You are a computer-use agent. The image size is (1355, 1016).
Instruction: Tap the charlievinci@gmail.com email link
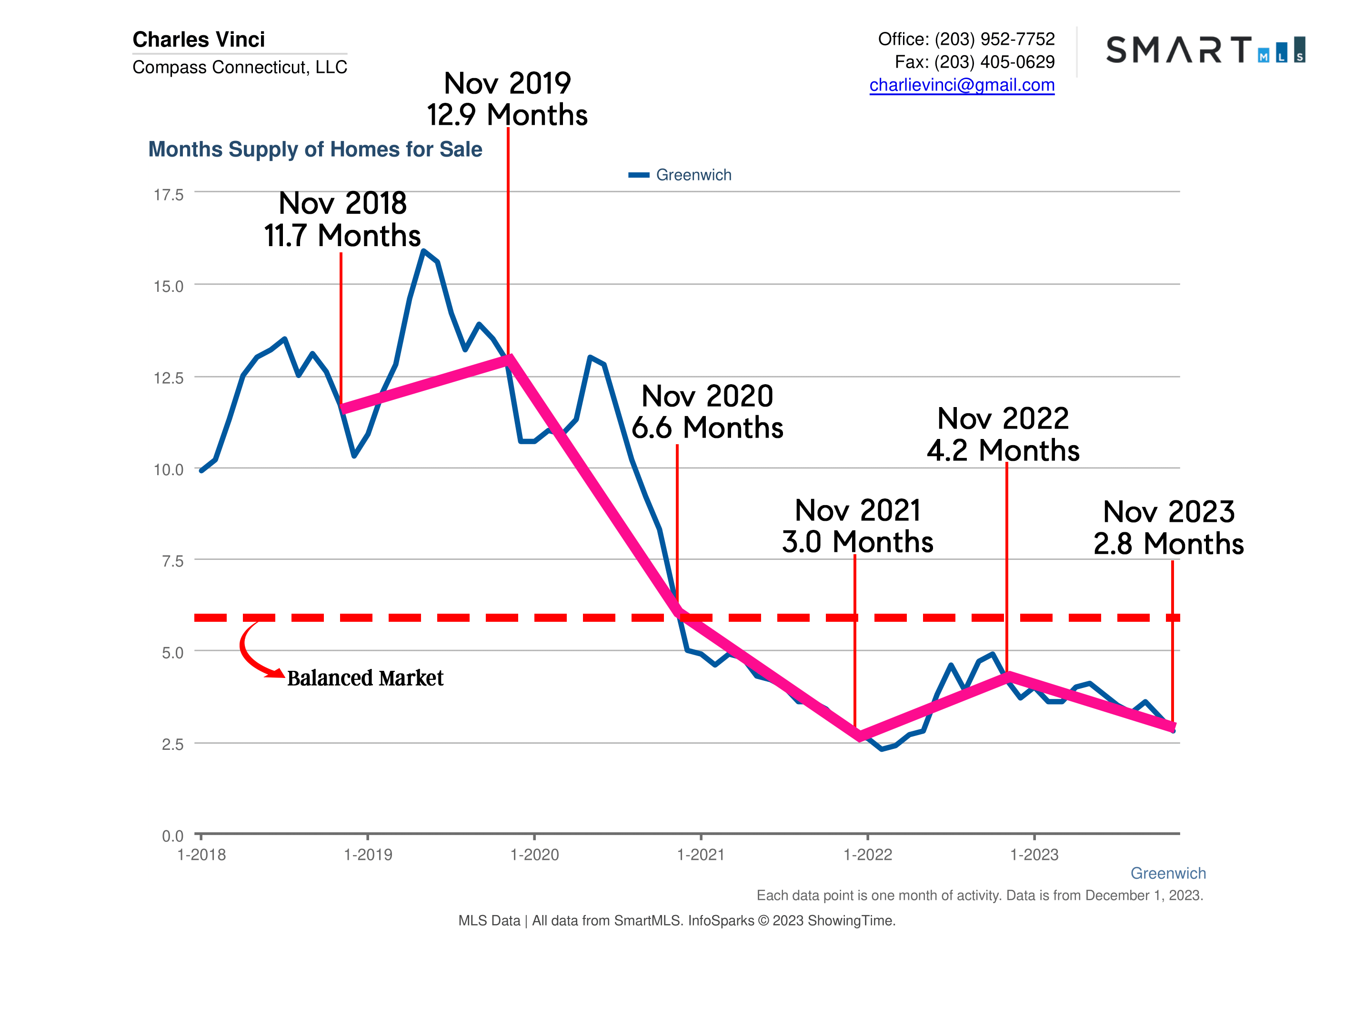[x=961, y=85]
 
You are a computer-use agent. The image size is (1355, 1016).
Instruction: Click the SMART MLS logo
[x=1204, y=50]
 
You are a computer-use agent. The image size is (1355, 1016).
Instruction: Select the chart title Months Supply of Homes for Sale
[x=315, y=149]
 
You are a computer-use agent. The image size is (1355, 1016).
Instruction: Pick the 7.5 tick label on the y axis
[x=172, y=561]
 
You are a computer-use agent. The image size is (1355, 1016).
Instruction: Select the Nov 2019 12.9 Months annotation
[x=507, y=99]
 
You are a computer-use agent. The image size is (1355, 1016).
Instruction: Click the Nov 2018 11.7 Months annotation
[x=342, y=219]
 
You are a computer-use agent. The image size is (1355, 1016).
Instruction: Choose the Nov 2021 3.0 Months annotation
[x=858, y=526]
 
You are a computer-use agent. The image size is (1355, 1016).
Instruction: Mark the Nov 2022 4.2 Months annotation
[x=1003, y=435]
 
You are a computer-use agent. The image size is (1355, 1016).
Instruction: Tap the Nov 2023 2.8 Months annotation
[x=1169, y=528]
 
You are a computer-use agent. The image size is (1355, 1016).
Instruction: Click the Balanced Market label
[x=365, y=678]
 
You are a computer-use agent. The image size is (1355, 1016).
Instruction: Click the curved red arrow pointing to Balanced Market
[x=251, y=654]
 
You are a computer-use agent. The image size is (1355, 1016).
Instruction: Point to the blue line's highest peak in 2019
[x=423, y=251]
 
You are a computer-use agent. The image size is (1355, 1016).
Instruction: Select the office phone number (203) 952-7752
[x=994, y=39]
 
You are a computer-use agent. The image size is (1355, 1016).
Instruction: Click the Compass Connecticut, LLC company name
[x=240, y=67]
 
